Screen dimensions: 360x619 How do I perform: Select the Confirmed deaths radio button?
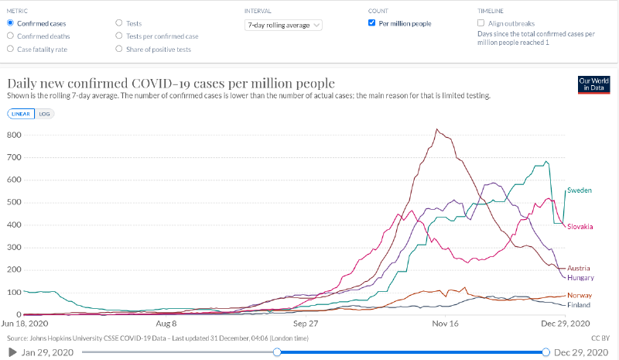pos(9,36)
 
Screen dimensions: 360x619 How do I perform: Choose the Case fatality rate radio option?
pos(9,49)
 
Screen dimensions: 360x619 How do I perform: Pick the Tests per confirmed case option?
pos(118,36)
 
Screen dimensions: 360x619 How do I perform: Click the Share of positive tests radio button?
pos(118,49)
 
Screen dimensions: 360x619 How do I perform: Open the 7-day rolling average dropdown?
pos(283,25)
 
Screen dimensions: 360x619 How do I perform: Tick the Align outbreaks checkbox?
pos(482,23)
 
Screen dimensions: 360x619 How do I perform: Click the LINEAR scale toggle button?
pos(22,113)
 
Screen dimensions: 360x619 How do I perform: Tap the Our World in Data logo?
pos(594,85)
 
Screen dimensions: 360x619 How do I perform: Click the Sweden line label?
pos(579,190)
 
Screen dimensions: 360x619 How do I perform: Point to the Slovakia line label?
pos(580,226)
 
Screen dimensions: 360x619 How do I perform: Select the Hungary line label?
pos(580,277)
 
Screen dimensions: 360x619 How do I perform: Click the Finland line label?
pos(579,305)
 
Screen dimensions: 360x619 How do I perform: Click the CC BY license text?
pos(600,338)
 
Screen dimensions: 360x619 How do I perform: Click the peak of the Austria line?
pos(437,129)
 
